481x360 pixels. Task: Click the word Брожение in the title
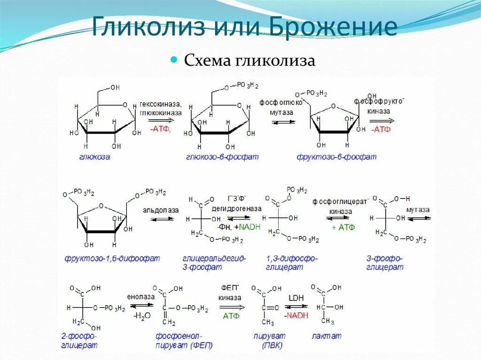334,27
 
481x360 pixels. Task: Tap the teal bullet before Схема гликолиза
174,60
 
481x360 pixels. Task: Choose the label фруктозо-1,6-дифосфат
112,258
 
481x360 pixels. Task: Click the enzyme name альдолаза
161,210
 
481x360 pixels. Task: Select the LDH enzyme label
296,298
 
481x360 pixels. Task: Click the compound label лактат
326,336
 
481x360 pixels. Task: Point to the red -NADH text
296,315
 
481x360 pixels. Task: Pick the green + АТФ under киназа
343,227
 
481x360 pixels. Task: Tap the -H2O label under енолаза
141,316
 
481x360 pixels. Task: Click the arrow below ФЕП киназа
232,307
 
